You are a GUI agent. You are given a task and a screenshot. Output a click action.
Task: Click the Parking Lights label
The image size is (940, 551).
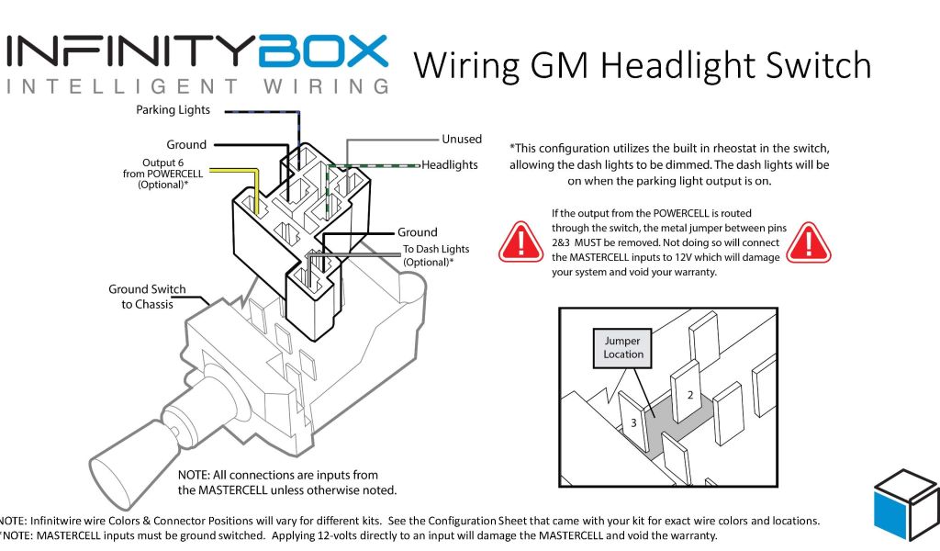coord(173,110)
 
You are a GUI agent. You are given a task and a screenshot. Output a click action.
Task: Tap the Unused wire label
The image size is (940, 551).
coord(461,139)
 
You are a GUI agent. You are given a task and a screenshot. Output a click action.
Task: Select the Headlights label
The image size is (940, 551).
coord(449,164)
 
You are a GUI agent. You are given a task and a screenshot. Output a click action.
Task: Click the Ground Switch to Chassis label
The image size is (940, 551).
coord(147,297)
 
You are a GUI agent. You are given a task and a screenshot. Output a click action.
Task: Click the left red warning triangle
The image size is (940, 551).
coord(520,241)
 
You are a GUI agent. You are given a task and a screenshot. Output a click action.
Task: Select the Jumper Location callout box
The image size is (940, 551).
coord(623,347)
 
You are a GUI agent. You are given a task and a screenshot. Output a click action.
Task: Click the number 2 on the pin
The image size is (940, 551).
coord(688,395)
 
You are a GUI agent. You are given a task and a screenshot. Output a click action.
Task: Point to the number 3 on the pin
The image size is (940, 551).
coord(632,423)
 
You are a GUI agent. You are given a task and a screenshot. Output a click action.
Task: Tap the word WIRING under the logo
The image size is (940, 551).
coord(314,87)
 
